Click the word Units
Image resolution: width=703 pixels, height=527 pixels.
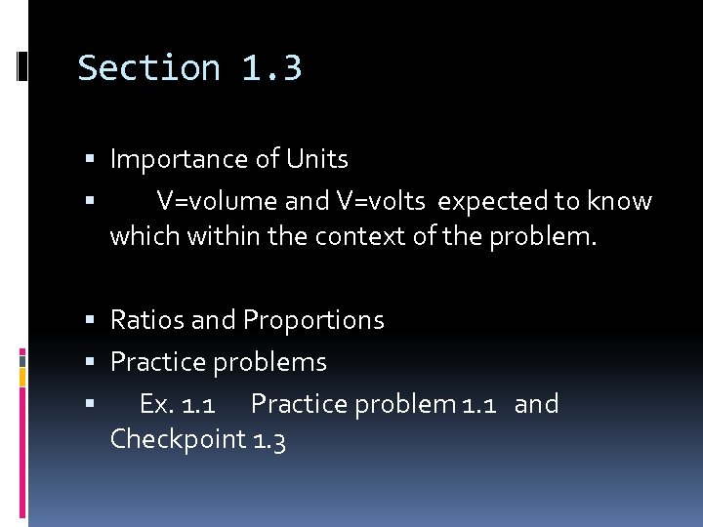(x=317, y=159)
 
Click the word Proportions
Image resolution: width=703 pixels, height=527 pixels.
(x=313, y=320)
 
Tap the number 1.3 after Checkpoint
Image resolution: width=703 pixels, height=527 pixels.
(x=269, y=439)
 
